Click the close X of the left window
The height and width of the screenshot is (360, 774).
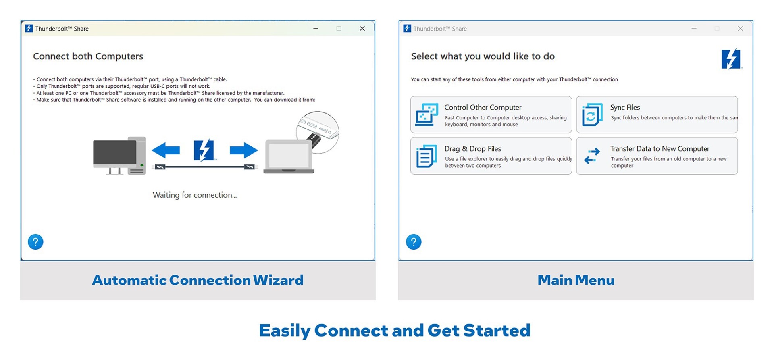[x=362, y=29]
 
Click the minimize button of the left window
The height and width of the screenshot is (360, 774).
[x=316, y=29]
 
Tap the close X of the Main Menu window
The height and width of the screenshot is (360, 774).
[x=740, y=29]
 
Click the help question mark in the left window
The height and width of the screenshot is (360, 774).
[x=35, y=242]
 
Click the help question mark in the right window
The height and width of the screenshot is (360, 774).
[x=414, y=242]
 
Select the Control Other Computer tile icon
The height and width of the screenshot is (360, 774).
[x=427, y=115]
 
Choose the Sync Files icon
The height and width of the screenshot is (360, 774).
[x=592, y=115]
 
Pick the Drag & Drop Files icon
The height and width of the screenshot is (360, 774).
[x=427, y=156]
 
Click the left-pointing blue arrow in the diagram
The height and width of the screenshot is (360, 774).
[x=166, y=150]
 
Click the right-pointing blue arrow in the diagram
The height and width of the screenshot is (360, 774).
[x=244, y=150]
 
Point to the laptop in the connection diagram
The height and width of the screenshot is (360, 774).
[x=289, y=157]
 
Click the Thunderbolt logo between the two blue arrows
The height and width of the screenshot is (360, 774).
[x=204, y=150]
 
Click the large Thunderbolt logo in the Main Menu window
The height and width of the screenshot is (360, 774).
[x=731, y=59]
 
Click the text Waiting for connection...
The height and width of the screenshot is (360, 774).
[x=195, y=195]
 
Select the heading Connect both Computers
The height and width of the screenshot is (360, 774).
[x=88, y=56]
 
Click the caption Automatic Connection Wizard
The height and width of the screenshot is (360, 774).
[x=198, y=280]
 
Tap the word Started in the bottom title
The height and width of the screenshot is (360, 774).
[x=497, y=331]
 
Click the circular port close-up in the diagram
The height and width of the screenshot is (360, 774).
[x=318, y=132]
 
